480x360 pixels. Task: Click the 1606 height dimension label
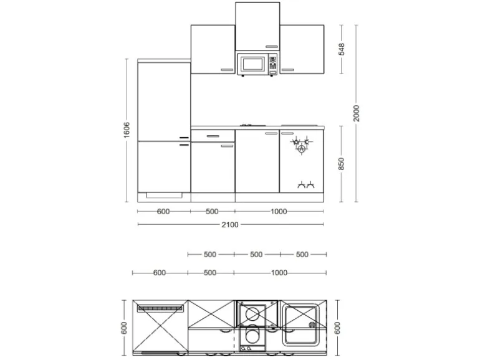(127, 130)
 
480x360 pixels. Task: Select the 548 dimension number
(342, 49)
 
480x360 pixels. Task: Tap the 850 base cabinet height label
(342, 164)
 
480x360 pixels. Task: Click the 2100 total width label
(230, 225)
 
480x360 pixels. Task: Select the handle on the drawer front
(213, 135)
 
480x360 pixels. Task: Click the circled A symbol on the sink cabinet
(301, 149)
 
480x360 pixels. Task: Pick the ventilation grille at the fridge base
(164, 194)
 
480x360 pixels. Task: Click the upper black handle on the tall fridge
(184, 137)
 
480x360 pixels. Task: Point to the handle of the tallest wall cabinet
(271, 45)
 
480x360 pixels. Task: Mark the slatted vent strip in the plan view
(161, 308)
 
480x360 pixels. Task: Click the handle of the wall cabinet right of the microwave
(287, 70)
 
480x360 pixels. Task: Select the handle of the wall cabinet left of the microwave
(227, 70)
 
